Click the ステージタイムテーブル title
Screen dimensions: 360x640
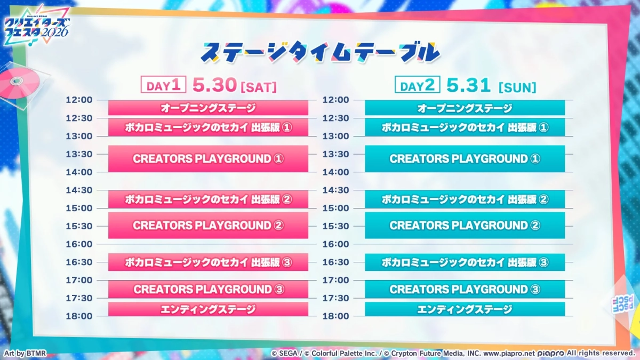tap(320, 52)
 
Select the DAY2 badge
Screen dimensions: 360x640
tap(417, 85)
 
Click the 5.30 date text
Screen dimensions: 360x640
tap(215, 85)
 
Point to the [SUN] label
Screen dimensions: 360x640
tap(517, 86)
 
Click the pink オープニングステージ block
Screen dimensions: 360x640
tap(208, 108)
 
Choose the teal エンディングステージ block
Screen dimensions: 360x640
tap(465, 309)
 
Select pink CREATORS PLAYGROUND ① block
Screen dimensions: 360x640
tap(208, 159)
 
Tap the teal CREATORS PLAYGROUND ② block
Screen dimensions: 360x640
tap(465, 225)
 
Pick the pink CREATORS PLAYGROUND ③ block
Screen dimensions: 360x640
tap(208, 289)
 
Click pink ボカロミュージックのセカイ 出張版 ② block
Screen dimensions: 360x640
tap(208, 199)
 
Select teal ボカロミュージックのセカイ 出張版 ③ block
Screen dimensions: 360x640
tap(465, 262)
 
